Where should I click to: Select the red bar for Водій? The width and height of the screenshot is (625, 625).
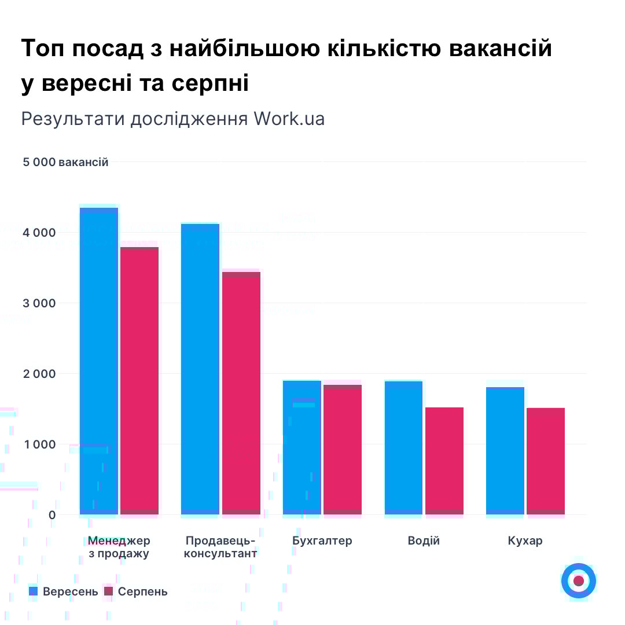pyautogui.click(x=444, y=461)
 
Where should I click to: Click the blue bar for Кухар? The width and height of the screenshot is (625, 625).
pyautogui.click(x=505, y=451)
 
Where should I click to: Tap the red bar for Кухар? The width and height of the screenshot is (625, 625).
pyautogui.click(x=546, y=461)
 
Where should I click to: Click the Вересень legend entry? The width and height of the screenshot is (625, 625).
pyautogui.click(x=64, y=591)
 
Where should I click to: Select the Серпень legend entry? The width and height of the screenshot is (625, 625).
pyautogui.click(x=136, y=591)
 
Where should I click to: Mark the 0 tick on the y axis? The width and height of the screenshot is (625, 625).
pyautogui.click(x=52, y=515)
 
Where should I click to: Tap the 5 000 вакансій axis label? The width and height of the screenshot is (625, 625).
pyautogui.click(x=65, y=162)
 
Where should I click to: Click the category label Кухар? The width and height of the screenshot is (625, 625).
pyautogui.click(x=525, y=541)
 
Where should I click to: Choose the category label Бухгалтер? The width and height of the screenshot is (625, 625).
pyautogui.click(x=322, y=541)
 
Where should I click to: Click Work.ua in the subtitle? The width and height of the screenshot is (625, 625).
pyautogui.click(x=289, y=118)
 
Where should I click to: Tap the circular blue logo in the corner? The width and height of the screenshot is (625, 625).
pyautogui.click(x=578, y=580)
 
